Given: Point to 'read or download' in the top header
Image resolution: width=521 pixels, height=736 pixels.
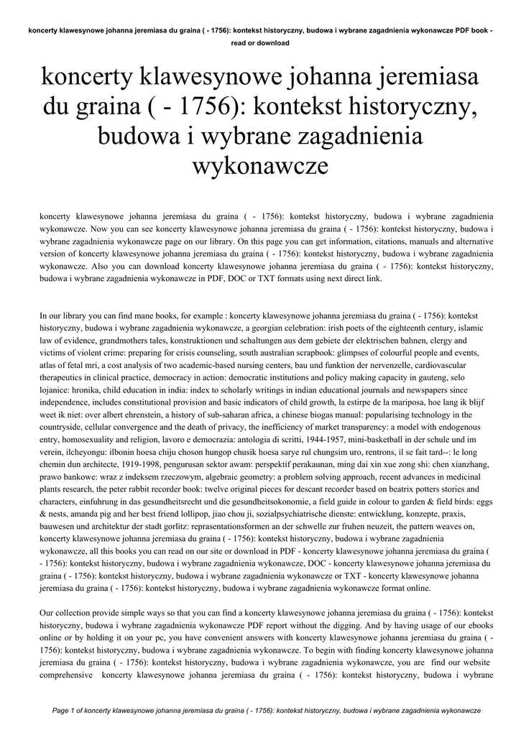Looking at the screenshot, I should (260, 43).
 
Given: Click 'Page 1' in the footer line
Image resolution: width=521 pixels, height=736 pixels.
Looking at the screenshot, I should (68, 711).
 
